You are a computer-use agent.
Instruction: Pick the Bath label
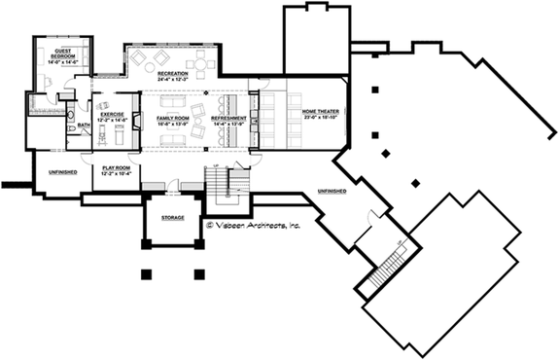84,125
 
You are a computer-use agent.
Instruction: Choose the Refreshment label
229,118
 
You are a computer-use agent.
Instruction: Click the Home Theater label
322,112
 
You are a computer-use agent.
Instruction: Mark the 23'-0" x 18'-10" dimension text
322,118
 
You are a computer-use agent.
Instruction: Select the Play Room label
116,167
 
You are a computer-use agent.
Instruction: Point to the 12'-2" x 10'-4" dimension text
116,173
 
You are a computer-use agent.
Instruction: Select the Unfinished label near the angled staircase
332,192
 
